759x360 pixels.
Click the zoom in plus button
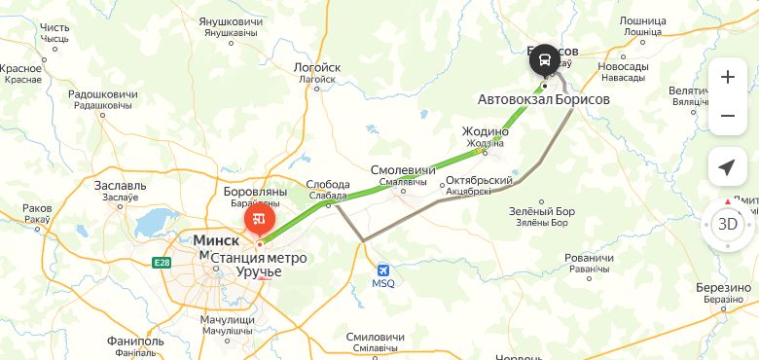pos(728,78)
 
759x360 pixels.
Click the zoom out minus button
pos(728,117)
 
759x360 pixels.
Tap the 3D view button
pos(727,223)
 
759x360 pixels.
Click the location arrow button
pos(727,167)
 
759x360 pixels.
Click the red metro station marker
pos(260,220)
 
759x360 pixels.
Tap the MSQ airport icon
pos(384,269)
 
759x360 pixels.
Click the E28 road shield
pos(162,262)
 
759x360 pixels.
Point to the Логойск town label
pos(316,68)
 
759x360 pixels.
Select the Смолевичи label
pos(403,170)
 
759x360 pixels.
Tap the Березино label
pos(725,288)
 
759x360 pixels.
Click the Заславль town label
pos(121,185)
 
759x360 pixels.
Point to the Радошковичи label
pos(103,94)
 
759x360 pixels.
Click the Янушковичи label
pos(232,21)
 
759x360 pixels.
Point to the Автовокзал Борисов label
pos(543,99)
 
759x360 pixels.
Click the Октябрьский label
pos(478,181)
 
